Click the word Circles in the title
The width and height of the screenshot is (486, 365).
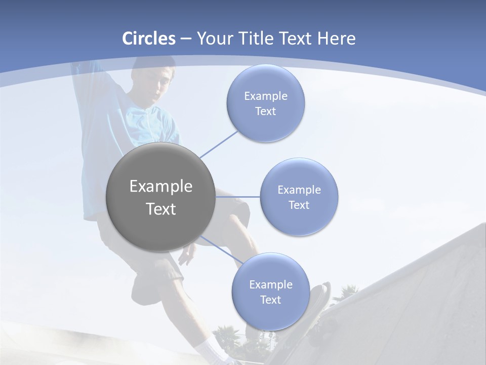pos(149,39)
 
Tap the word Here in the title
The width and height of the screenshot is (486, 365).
pos(336,39)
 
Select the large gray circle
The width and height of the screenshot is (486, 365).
pos(160,197)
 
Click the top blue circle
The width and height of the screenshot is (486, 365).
pos(265,103)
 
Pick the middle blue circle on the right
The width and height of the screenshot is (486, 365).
pos(299,197)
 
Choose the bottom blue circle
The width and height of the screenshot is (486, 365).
pos(270,291)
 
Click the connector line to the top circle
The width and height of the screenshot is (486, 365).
pos(219,144)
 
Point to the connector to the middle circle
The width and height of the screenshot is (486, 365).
pos(237,197)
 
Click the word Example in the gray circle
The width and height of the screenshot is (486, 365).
pos(160,187)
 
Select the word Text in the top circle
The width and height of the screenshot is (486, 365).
pos(265,112)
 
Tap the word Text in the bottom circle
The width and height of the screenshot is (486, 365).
pos(270,300)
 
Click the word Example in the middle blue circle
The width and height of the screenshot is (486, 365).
pos(299,190)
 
